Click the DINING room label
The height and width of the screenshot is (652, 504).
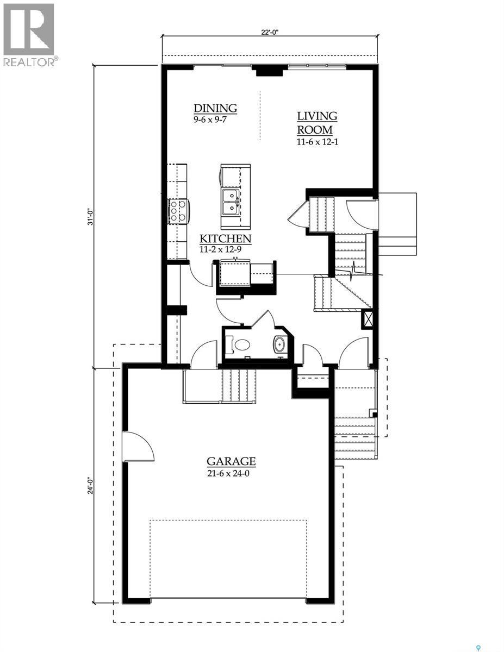coord(215,108)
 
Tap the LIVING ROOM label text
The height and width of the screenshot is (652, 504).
coord(316,123)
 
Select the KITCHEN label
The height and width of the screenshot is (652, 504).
coord(225,239)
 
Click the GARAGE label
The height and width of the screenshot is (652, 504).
coord(231,462)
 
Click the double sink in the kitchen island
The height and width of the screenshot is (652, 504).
coord(232,200)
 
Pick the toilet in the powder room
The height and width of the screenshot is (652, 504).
coord(240,344)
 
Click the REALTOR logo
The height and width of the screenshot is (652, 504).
coord(28,35)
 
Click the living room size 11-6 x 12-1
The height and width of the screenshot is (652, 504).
coord(318,142)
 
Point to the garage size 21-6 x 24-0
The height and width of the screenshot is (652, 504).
coord(231,473)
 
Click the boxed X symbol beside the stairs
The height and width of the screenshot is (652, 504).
coord(368,318)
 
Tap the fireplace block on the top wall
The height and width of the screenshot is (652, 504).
coord(266,71)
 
